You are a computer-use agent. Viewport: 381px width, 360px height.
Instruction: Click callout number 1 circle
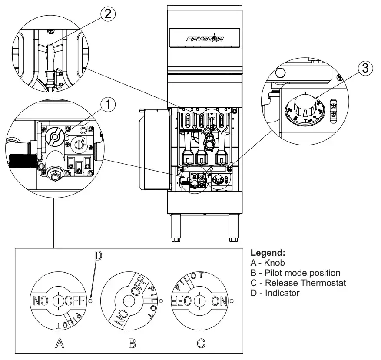coord(109,104)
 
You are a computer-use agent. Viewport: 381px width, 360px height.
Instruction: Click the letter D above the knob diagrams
coord(98,256)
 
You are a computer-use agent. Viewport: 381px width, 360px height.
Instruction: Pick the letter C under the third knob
coord(201,344)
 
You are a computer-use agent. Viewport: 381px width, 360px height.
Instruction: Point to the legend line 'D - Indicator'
coord(275,293)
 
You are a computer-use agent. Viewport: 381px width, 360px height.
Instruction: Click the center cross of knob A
coord(57,301)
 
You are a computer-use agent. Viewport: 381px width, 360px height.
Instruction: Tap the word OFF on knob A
coord(74,301)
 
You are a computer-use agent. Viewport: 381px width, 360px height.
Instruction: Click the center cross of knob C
coord(199,301)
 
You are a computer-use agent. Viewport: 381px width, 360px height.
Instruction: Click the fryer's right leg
coord(234,228)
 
